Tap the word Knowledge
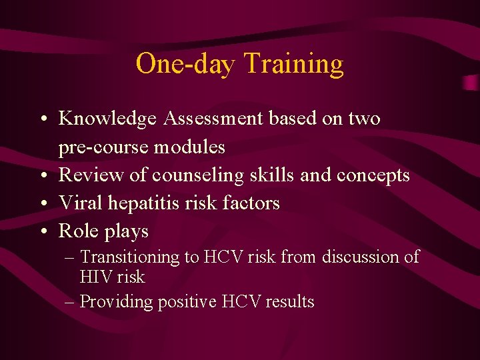tap(107, 119)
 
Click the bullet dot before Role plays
tap(42, 231)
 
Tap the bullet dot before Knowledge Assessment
tap(42, 119)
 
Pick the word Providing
tap(116, 302)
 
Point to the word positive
tap(187, 302)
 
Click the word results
tap(290, 302)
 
